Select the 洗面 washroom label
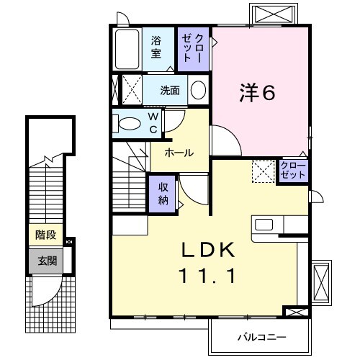click(170, 91)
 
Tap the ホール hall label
click(178, 153)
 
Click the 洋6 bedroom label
click(257, 93)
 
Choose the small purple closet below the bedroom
click(293, 171)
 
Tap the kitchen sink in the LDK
click(264, 224)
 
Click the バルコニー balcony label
click(261, 337)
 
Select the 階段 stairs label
click(45, 234)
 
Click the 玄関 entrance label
click(45, 260)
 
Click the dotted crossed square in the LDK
click(262, 171)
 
